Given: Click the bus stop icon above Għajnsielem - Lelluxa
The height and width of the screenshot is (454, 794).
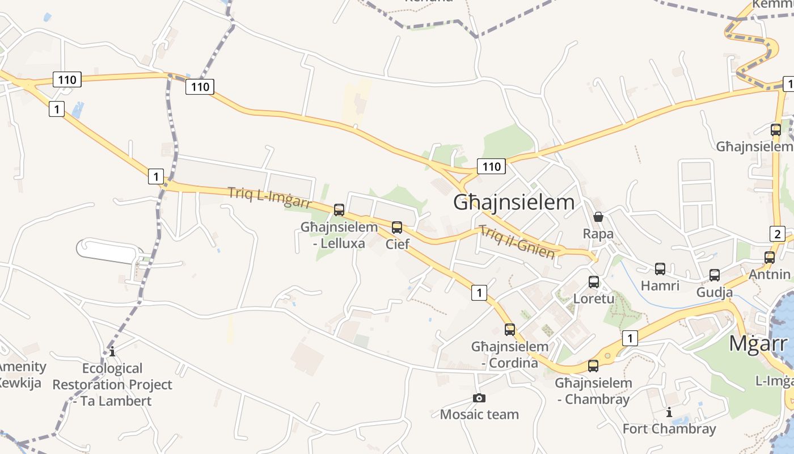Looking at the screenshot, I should [339, 210].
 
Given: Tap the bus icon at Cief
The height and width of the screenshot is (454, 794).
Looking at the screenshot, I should [397, 228].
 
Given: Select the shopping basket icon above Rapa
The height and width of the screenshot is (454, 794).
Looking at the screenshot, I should [598, 217].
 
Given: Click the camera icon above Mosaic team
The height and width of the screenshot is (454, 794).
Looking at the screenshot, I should [479, 398].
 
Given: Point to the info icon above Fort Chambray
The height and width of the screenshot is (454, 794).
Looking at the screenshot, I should [669, 412].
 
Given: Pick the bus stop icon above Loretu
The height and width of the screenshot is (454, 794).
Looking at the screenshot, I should [594, 281].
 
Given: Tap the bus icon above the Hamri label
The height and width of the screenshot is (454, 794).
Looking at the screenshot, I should [660, 269].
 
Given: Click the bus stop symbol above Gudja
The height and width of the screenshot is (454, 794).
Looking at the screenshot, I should [715, 275].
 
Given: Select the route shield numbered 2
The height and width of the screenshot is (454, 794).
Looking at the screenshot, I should [777, 233].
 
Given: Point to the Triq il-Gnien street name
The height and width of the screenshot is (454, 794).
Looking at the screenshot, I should [517, 242].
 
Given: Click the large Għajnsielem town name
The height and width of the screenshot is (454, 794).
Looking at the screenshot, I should [514, 203].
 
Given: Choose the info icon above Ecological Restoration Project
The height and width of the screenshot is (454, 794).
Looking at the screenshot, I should [112, 352].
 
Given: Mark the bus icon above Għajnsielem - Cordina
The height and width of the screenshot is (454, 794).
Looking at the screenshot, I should [510, 329].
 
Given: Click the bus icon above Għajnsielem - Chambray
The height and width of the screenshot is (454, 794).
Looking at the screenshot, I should [593, 366].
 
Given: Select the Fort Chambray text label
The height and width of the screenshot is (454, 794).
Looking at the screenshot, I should [669, 428].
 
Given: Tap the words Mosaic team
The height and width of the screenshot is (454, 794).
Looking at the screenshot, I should [479, 414].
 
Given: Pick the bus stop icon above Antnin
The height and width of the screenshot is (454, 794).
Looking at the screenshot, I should [770, 257].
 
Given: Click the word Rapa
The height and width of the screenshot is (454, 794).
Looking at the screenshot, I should [598, 234].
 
